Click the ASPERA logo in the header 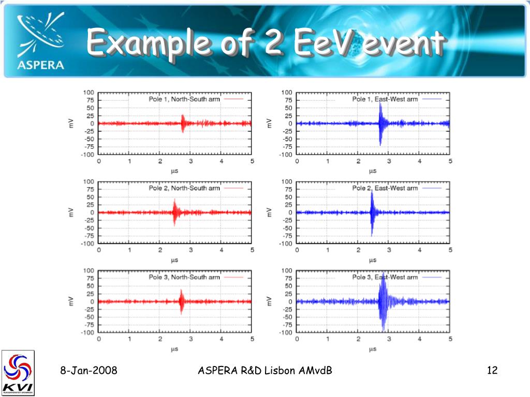point(40,41)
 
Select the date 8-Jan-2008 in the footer point(88,371)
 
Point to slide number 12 point(492,371)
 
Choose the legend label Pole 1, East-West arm point(385,99)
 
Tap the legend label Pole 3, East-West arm point(385,277)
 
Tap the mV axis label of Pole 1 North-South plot point(71,123)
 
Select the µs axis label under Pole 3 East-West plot point(372,349)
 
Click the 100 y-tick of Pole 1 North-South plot point(89,93)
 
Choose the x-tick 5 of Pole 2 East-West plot point(450,250)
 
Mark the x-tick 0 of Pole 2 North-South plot point(99,250)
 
